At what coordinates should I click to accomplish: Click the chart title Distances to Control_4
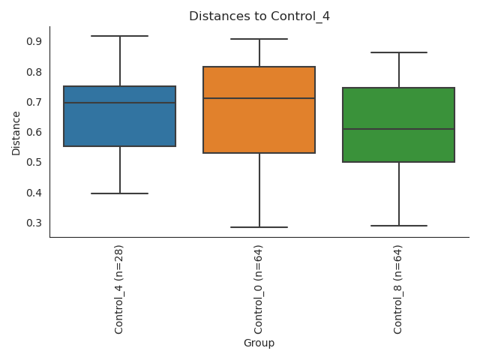tap(259, 16)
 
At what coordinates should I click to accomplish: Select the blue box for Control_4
tap(120, 124)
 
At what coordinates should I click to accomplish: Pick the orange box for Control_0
tap(259, 124)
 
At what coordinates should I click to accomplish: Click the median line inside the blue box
tap(120, 103)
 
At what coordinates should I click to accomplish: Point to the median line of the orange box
tap(259, 98)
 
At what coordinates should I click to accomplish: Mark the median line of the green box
tap(399, 129)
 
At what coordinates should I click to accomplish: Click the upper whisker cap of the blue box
tap(120, 36)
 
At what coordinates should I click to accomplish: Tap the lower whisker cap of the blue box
tap(120, 193)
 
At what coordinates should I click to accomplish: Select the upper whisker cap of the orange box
tap(259, 39)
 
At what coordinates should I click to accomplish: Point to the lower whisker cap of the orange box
tap(259, 227)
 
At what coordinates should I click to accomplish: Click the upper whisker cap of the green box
tap(399, 52)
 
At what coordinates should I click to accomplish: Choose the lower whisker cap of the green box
tap(399, 226)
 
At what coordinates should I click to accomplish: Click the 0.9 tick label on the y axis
tap(34, 41)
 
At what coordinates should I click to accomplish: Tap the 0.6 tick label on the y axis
tap(34, 132)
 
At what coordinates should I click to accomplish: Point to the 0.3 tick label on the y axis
tap(34, 223)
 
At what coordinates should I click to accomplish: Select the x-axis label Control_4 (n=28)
tap(119, 289)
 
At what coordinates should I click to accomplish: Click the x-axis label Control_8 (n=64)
tap(398, 289)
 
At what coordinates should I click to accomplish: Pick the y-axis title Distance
tap(16, 133)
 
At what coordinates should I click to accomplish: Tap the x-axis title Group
tap(259, 343)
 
